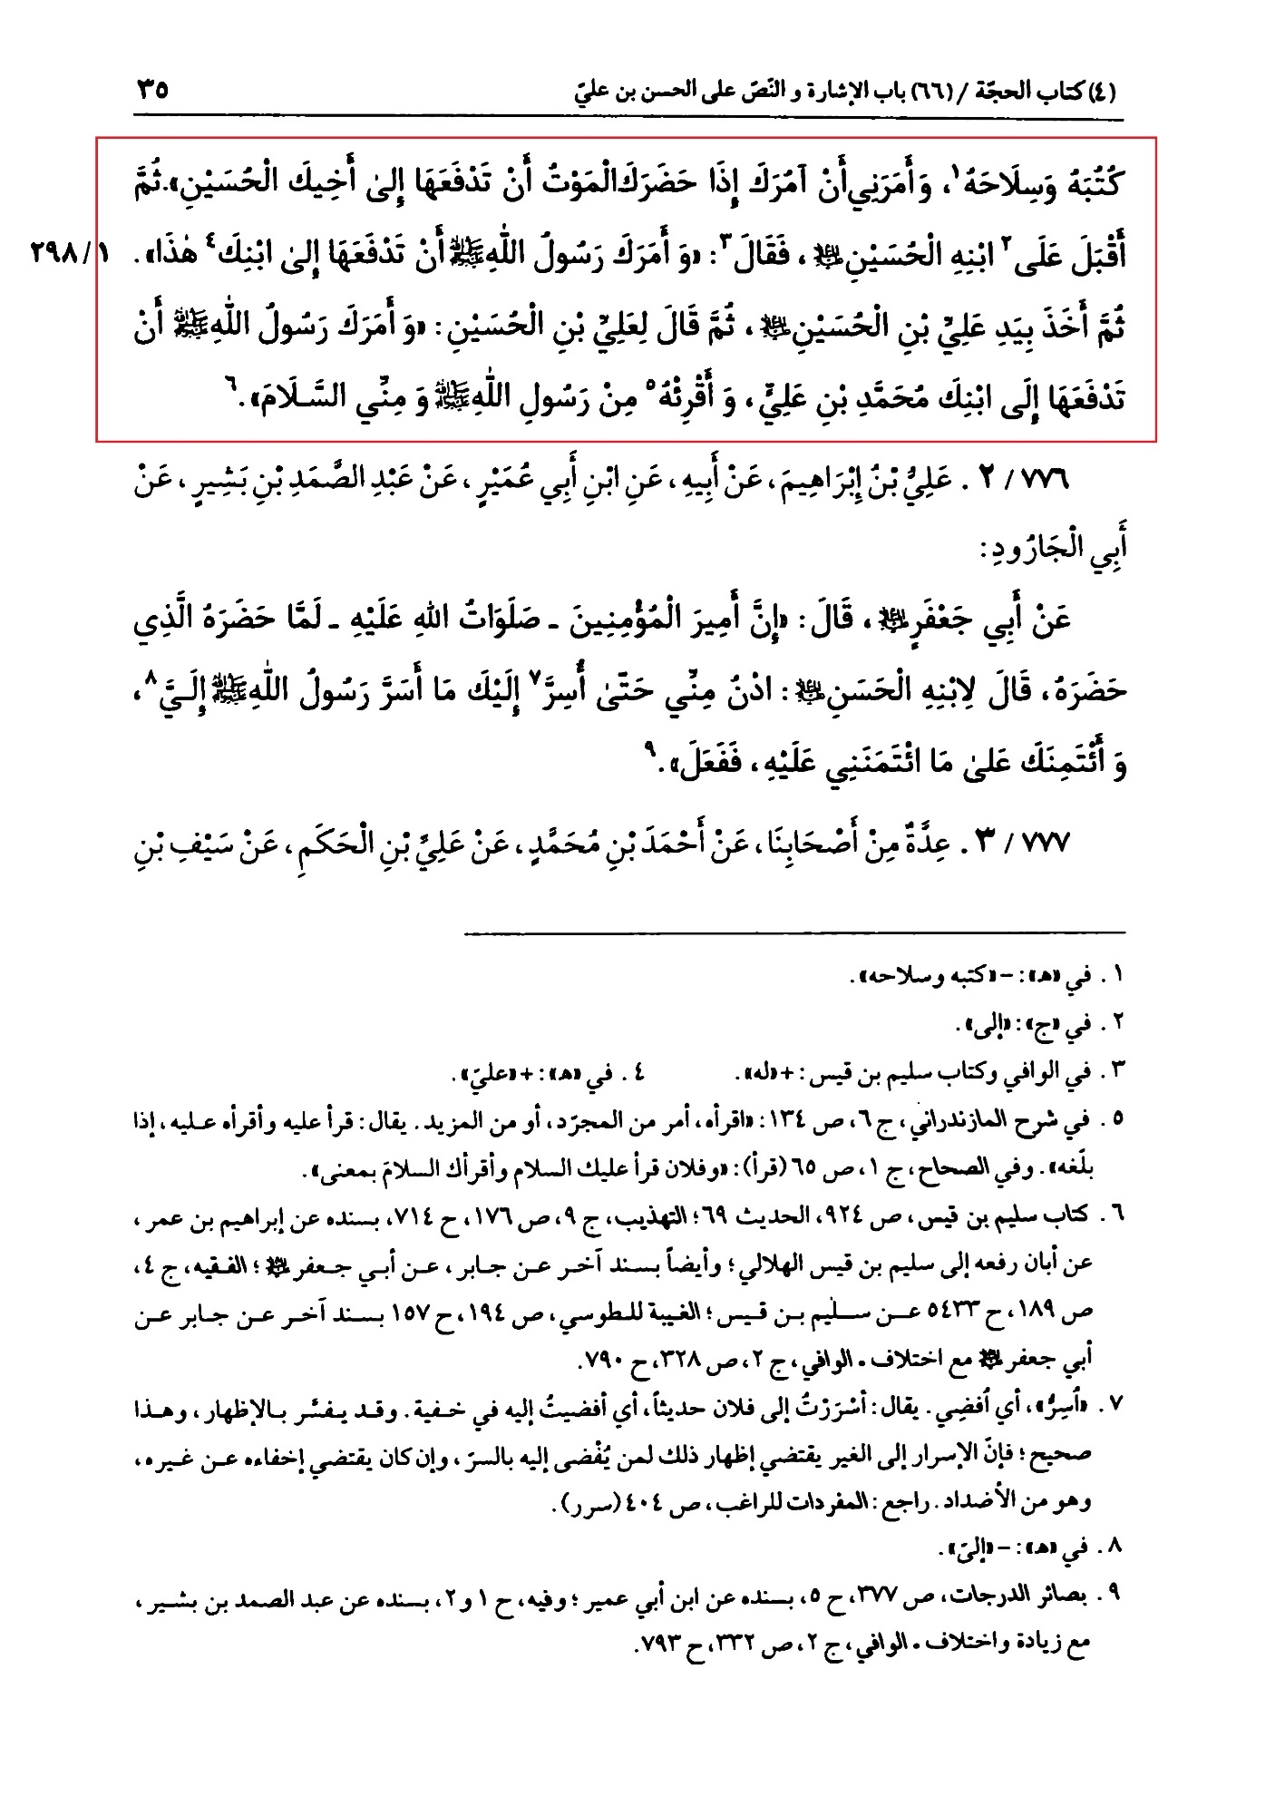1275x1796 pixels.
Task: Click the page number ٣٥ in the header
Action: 153,91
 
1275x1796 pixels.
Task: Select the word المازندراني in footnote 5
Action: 986,1122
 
